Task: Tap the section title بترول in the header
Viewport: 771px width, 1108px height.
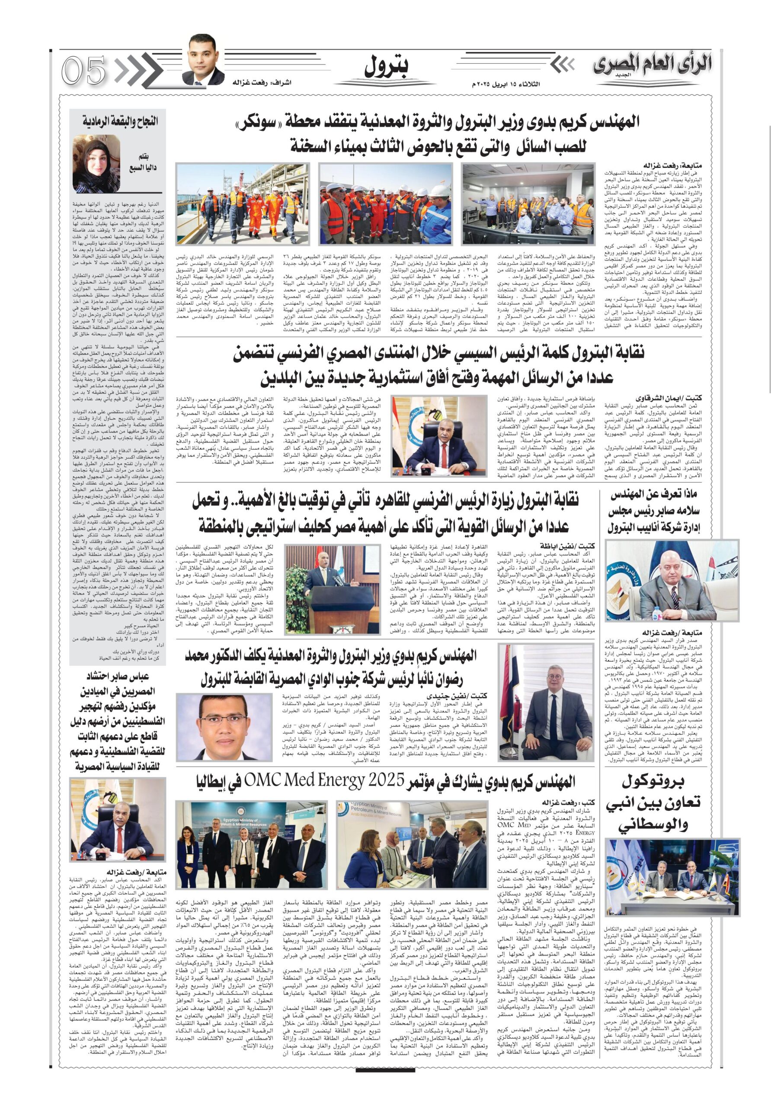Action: tap(385, 68)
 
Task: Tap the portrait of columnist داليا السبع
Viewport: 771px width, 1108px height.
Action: tap(96, 164)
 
